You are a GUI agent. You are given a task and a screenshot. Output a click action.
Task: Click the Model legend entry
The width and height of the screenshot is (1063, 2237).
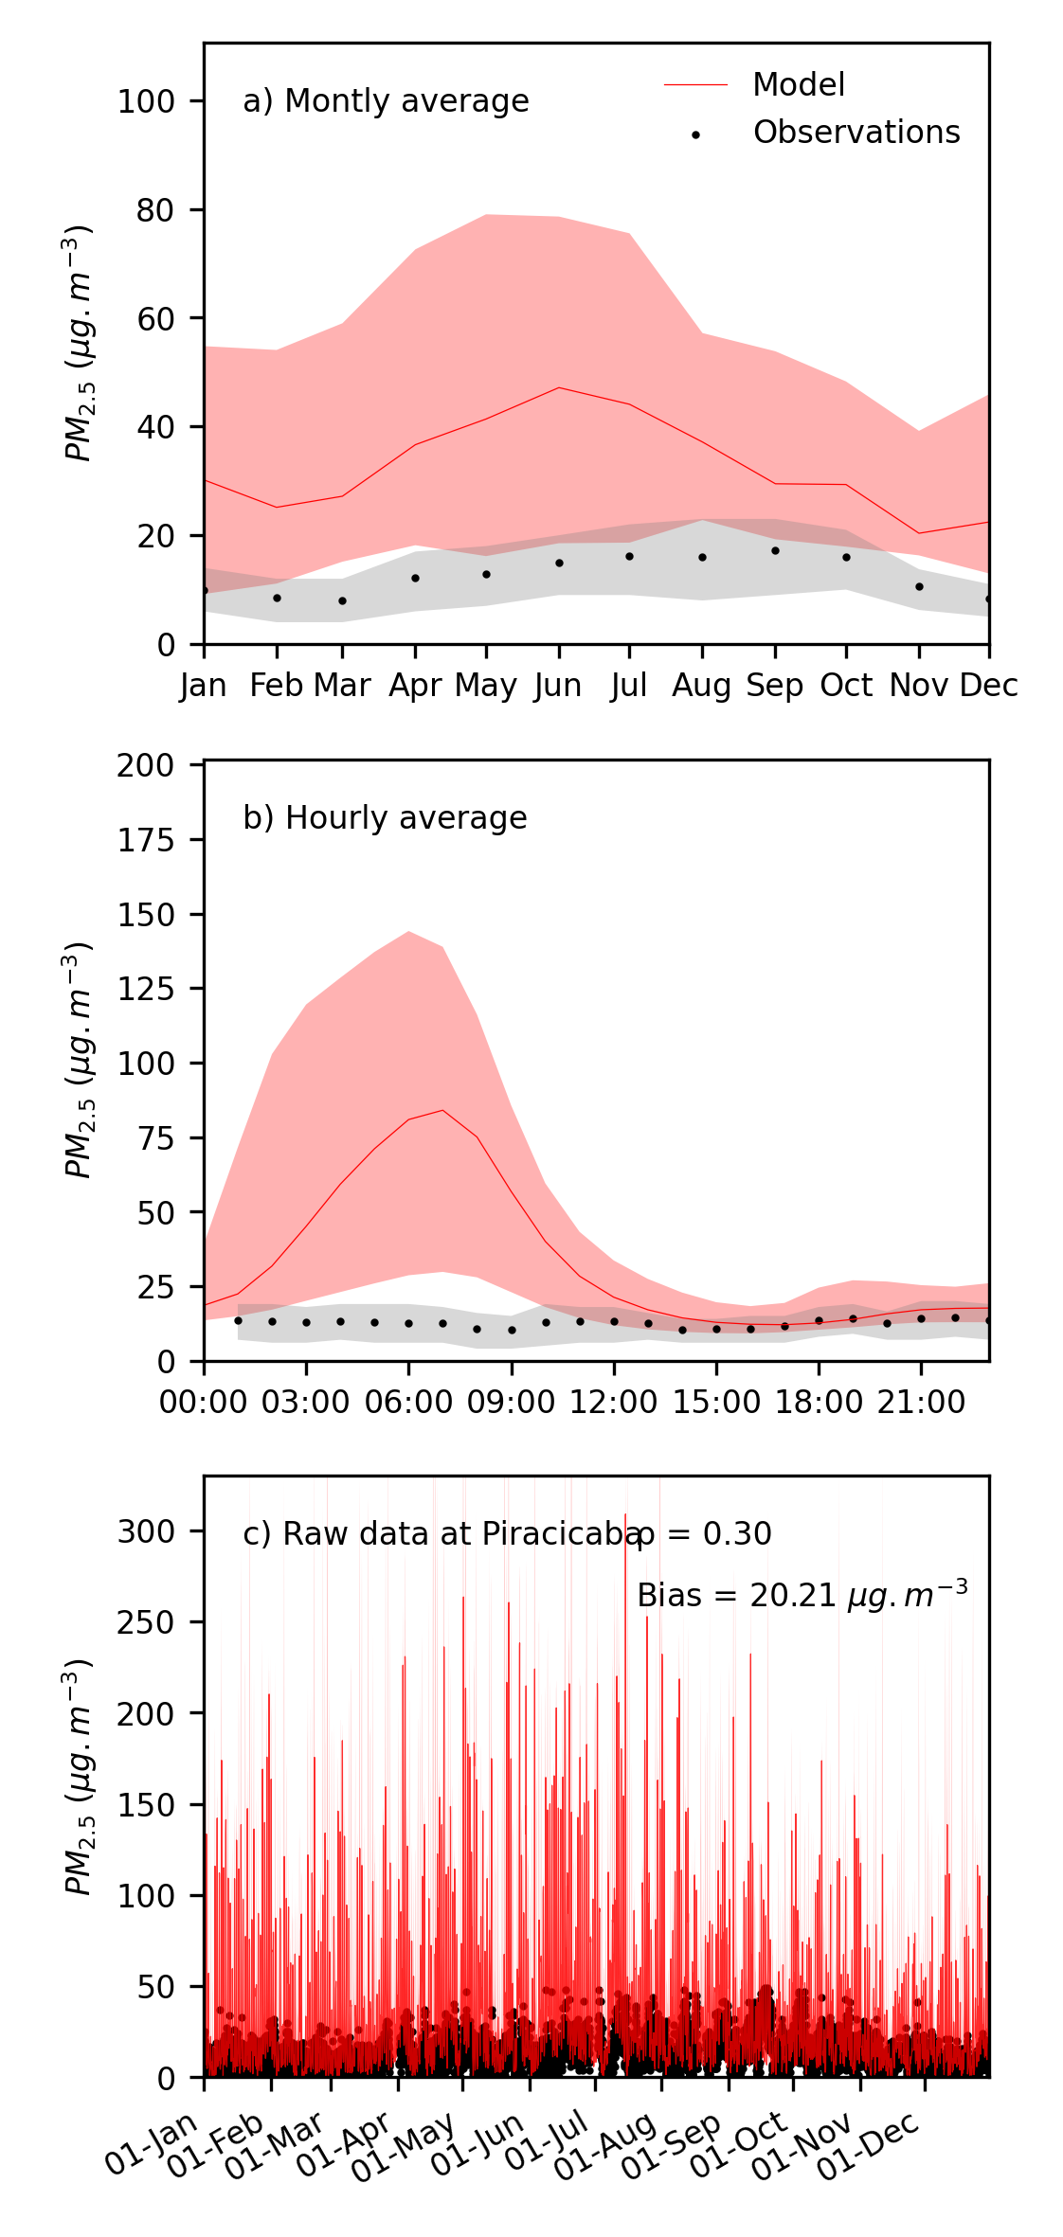798,85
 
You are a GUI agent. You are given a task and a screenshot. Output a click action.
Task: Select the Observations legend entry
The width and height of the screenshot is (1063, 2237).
856,133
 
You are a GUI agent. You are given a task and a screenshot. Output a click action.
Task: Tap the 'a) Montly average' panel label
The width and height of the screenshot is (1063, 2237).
386,101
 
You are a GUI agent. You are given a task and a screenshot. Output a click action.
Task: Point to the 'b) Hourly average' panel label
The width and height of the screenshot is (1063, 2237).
385,818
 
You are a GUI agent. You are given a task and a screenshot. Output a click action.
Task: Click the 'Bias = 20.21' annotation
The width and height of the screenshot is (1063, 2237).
802,1596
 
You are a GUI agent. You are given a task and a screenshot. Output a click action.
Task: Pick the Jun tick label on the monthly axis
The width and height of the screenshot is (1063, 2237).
558,686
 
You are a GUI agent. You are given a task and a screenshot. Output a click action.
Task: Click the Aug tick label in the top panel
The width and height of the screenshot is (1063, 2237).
701,686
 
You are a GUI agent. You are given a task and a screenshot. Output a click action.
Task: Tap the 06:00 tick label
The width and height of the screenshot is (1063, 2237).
408,1403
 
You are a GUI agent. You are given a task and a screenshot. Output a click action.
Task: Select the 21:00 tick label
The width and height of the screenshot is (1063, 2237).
921,1403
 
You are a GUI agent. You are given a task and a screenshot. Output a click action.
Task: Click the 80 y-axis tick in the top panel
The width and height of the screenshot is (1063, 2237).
155,210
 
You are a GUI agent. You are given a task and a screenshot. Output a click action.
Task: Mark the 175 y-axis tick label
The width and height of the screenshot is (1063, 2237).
146,840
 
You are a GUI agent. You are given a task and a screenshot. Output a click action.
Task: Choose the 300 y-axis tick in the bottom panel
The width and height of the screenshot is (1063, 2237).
146,1531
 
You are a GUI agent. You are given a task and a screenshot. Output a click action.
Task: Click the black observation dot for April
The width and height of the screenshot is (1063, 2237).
415,578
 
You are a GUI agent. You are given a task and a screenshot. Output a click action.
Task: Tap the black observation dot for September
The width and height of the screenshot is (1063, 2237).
775,550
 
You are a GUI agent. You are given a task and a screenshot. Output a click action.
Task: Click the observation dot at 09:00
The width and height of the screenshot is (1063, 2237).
512,1331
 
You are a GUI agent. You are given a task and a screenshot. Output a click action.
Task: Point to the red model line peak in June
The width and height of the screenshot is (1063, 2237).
559,387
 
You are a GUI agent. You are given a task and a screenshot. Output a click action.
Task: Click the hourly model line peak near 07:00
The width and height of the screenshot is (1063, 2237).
442,1110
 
